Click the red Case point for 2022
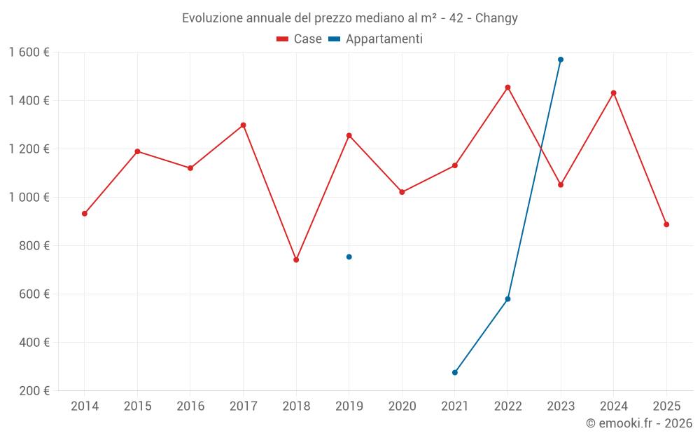pos(507,88)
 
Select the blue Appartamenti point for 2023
pos(561,60)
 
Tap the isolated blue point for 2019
pos(349,256)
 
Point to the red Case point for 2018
pos(296,259)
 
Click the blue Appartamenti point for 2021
pos(455,372)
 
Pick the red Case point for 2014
pos(85,214)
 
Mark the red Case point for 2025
pos(666,224)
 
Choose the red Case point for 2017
pos(243,125)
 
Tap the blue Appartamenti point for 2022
pos(507,299)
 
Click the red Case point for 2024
pos(613,93)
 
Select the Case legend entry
pos(299,39)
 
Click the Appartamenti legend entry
pos(376,39)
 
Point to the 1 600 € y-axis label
pos(29,53)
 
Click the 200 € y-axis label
pos(34,391)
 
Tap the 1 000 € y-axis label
pos(29,198)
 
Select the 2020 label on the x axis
pos(402,406)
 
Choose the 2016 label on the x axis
pos(190,406)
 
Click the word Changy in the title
pos(496,18)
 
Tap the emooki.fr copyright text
pos(638,423)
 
